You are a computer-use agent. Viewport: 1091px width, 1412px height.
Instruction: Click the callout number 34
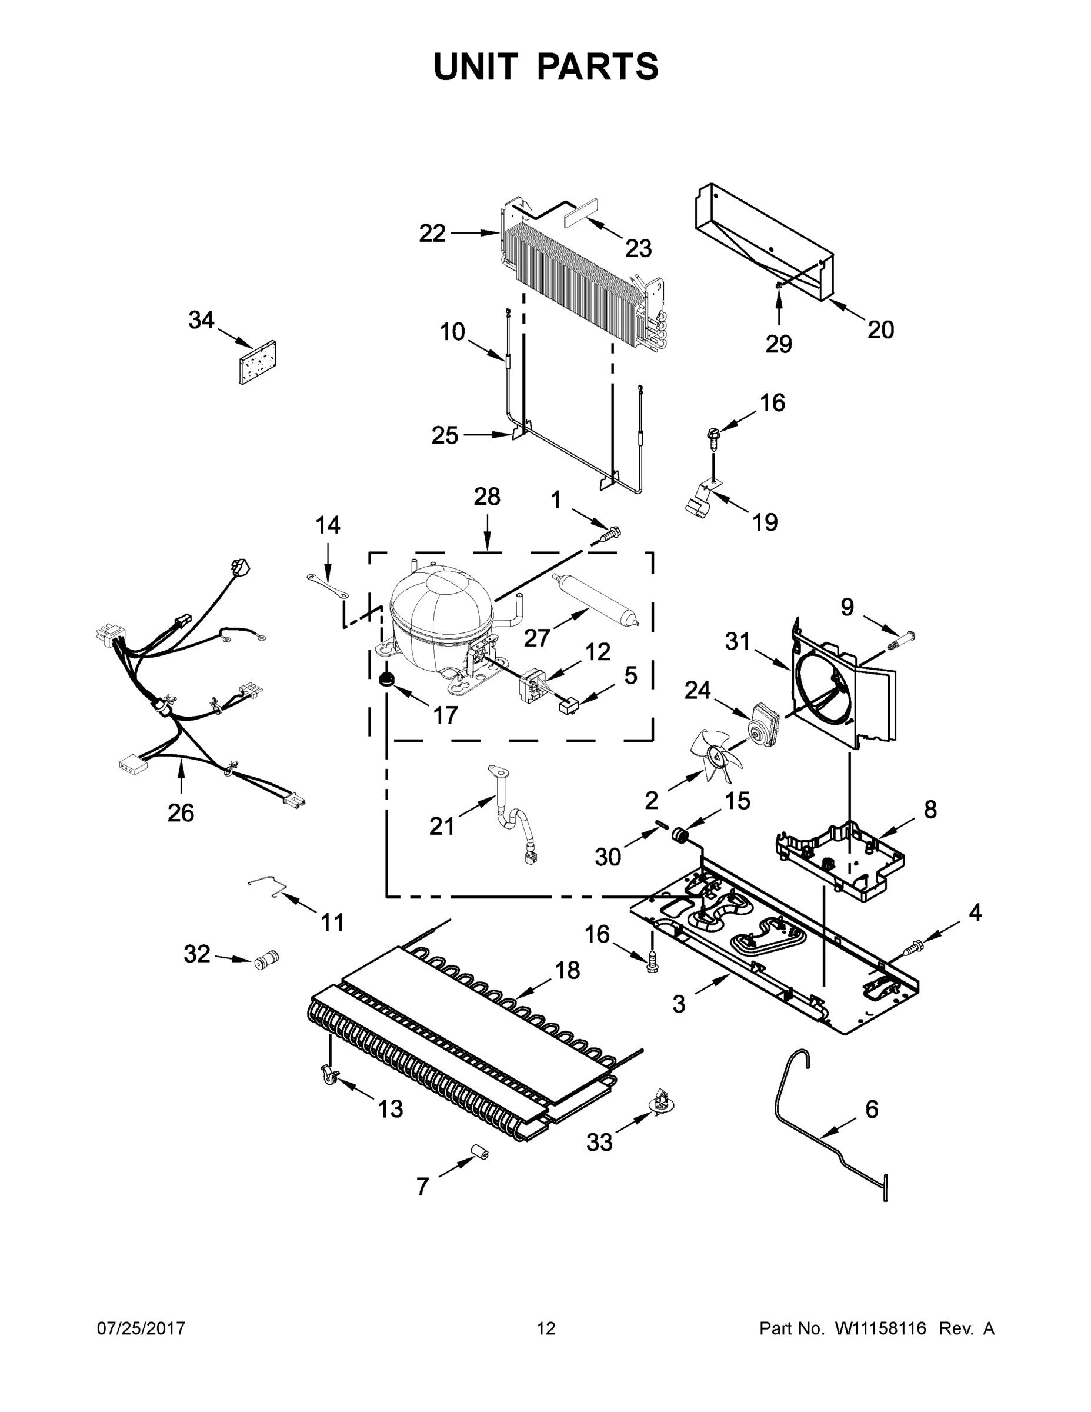201,320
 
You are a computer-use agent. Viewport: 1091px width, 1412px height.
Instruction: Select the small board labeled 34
257,362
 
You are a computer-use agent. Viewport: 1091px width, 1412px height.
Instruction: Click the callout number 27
536,638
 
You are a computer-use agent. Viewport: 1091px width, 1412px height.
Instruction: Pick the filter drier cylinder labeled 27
595,599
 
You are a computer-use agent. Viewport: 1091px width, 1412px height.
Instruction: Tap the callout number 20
880,329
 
